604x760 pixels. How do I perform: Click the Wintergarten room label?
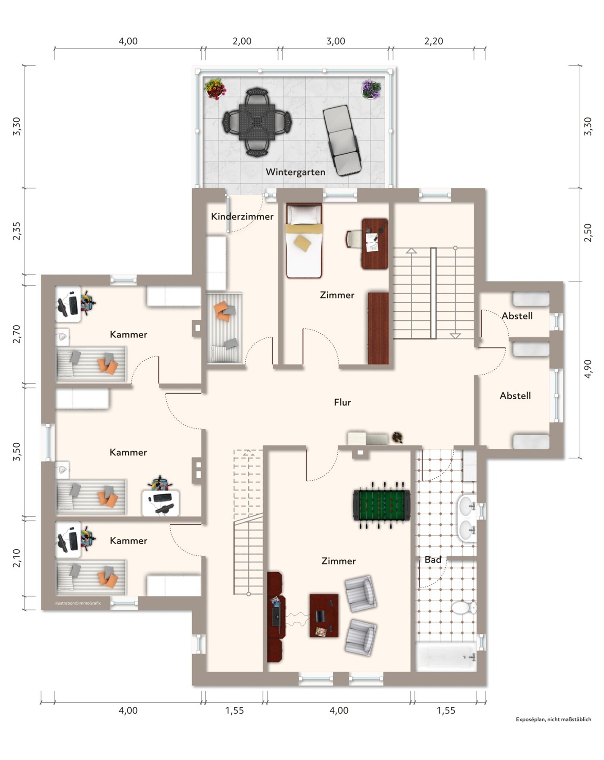[x=295, y=172]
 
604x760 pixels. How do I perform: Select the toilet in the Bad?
[x=464, y=608]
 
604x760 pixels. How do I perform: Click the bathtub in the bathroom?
[x=446, y=656]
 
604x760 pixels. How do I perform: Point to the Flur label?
[x=342, y=402]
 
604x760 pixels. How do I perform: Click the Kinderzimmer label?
[x=242, y=216]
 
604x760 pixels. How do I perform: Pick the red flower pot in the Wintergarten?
[x=215, y=88]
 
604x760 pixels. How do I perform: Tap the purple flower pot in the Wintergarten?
[x=371, y=89]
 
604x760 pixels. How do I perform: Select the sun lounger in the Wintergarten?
[x=342, y=140]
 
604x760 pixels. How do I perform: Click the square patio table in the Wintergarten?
[x=257, y=122]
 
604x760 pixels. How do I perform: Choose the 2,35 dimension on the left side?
[x=16, y=231]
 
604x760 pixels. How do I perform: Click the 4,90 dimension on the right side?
[x=588, y=369]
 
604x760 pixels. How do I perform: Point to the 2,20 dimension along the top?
[x=433, y=41]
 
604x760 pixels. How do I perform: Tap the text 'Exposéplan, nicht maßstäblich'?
[x=553, y=719]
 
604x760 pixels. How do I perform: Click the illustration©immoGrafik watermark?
[x=78, y=603]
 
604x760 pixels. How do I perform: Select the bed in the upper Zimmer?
[x=304, y=241]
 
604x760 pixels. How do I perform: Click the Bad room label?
[x=433, y=560]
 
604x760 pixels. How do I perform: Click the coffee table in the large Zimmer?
[x=324, y=615]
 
